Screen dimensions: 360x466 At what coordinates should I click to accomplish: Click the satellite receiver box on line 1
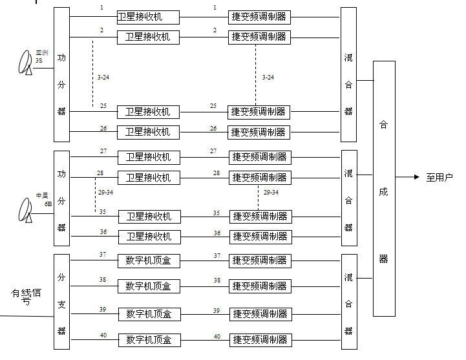[x=148, y=17]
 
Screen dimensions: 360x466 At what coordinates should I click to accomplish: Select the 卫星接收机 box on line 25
[x=148, y=112]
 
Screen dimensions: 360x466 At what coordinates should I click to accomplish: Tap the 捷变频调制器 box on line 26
[x=259, y=132]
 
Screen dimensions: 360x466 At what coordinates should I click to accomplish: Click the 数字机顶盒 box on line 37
[x=149, y=261]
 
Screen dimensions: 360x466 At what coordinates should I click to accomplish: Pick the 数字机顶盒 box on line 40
[x=149, y=340]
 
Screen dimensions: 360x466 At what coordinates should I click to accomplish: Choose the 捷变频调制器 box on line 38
[x=259, y=286]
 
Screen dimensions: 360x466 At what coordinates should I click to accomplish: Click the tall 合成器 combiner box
[x=384, y=189]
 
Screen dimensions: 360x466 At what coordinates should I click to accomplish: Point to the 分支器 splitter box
[x=61, y=303]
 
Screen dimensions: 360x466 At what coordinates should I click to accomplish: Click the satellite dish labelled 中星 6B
[x=26, y=210]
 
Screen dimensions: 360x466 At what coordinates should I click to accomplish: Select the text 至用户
[x=440, y=178]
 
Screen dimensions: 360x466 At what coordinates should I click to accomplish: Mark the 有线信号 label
[x=26, y=297]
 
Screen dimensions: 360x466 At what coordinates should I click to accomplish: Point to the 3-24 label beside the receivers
[x=104, y=78]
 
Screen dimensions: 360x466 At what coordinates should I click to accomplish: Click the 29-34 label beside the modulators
[x=271, y=192]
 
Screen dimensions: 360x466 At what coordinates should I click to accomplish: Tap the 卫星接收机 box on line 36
[x=149, y=237]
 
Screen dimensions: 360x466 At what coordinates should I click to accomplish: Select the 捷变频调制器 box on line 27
[x=259, y=157]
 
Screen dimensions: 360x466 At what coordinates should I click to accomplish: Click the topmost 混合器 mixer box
[x=348, y=74]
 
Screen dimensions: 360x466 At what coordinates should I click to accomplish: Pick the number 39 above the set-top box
[x=103, y=310]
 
